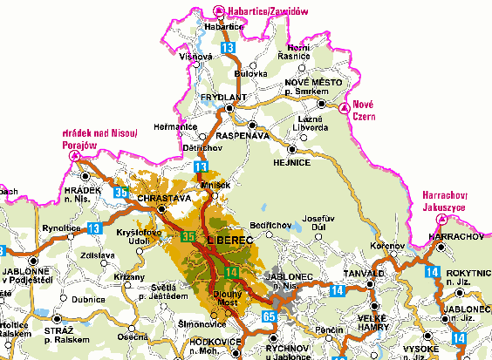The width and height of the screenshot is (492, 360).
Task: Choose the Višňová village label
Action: coord(195,56)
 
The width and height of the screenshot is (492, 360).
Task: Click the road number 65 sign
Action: coord(269,316)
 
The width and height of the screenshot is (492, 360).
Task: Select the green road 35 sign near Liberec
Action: coord(188,235)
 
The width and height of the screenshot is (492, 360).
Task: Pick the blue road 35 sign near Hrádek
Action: coord(122,192)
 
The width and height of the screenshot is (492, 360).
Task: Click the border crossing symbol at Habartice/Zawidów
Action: coord(219,10)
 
